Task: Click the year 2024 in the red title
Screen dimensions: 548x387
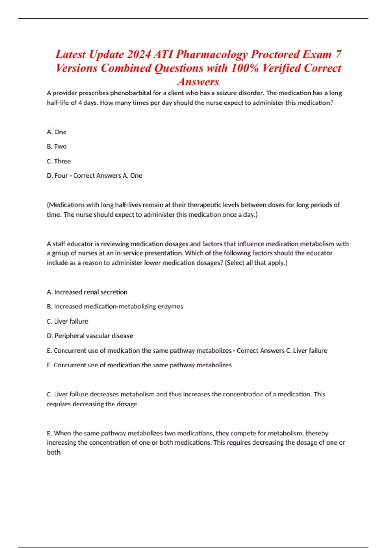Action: point(139,54)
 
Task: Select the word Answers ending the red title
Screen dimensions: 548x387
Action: point(198,82)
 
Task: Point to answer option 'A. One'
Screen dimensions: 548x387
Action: point(57,132)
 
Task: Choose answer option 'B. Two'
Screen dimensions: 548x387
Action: point(57,146)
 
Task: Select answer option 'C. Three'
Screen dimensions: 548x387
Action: point(59,161)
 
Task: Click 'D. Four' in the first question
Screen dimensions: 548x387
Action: point(57,176)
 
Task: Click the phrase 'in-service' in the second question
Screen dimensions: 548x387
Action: point(128,253)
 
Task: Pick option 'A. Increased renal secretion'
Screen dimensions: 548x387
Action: point(87,292)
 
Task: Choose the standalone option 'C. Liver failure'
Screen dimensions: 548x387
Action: point(67,321)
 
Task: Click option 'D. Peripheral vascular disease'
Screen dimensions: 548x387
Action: point(90,336)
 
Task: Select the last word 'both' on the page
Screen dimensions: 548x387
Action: point(54,452)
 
